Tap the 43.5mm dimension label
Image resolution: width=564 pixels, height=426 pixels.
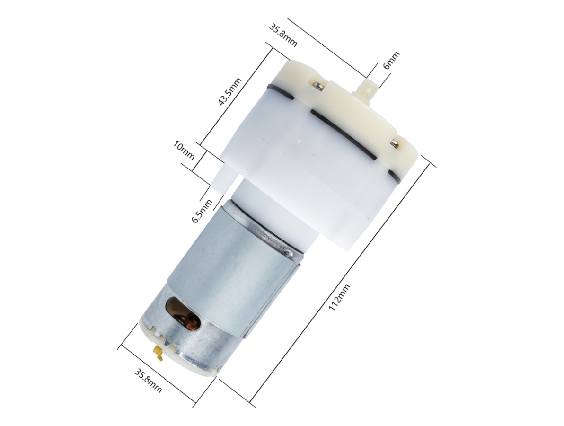tap(230, 91)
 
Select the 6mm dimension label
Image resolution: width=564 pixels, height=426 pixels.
tap(391, 60)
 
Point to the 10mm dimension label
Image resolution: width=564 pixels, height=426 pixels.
tap(184, 151)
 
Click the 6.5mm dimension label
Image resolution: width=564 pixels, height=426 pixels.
tap(202, 211)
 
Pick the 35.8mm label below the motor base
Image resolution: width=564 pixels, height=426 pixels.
tap(148, 380)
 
